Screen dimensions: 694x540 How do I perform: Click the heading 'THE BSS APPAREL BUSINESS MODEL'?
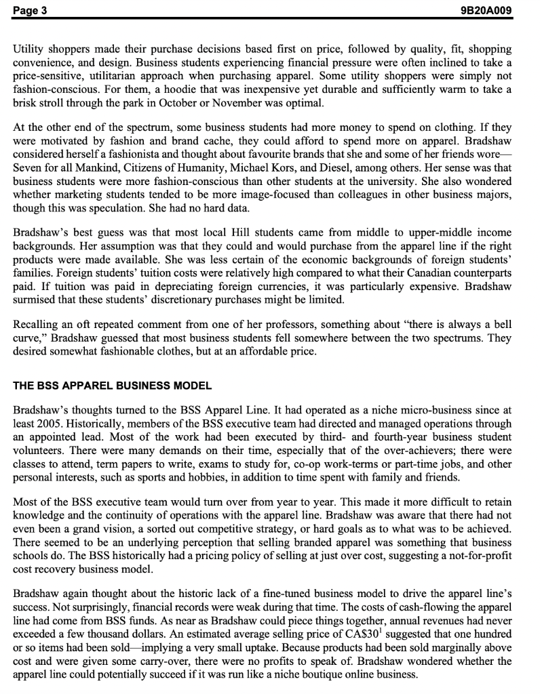(113, 386)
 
